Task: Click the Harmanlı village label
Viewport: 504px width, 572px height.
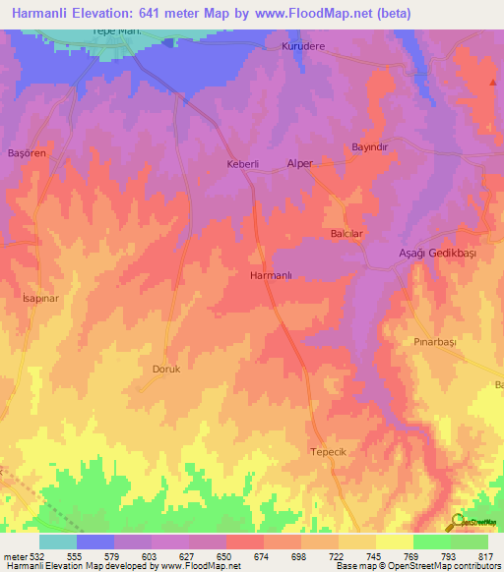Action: point(273,277)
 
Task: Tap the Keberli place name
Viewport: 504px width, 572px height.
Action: point(242,164)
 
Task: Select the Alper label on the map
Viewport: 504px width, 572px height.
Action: point(298,163)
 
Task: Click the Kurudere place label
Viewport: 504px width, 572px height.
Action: point(303,46)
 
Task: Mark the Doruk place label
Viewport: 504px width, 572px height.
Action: point(165,370)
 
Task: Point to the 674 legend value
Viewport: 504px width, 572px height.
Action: point(260,556)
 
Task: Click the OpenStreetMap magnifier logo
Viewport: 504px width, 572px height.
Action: point(458,522)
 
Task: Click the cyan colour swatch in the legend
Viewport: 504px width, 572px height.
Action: point(57,542)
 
